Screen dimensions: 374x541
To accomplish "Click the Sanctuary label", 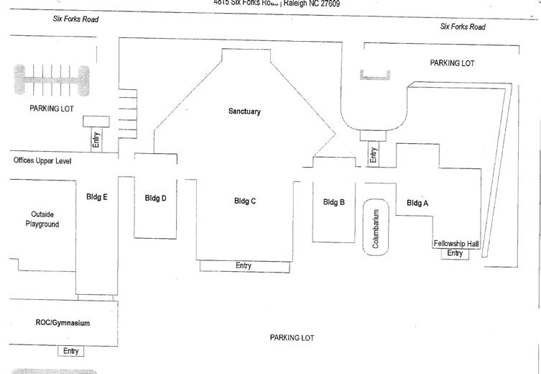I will coord(244,111).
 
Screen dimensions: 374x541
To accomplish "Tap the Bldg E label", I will coord(96,196).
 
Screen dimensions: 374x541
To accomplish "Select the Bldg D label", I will coord(155,199).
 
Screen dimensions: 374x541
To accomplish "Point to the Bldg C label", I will coord(245,201).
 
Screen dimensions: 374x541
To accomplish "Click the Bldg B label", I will coord(334,202).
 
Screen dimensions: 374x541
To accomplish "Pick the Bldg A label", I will coord(417,203).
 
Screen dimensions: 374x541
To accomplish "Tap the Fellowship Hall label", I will coord(456,244).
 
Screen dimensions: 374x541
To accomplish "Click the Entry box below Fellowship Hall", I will coord(455,253).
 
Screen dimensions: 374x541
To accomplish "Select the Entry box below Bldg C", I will coord(244,266).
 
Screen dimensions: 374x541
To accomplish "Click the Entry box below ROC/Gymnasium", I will coord(70,351).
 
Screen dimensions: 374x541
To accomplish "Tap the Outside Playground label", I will coord(45,219).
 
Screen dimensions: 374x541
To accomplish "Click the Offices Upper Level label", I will coord(42,160).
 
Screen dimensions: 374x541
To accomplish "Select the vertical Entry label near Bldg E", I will coord(96,139).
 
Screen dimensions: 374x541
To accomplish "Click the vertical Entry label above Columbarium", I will coord(372,155).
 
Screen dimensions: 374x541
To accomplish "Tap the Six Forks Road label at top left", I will coord(75,19).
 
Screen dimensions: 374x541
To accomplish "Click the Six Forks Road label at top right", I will coord(462,27).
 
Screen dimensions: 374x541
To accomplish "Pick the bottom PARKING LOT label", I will coord(292,337).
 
